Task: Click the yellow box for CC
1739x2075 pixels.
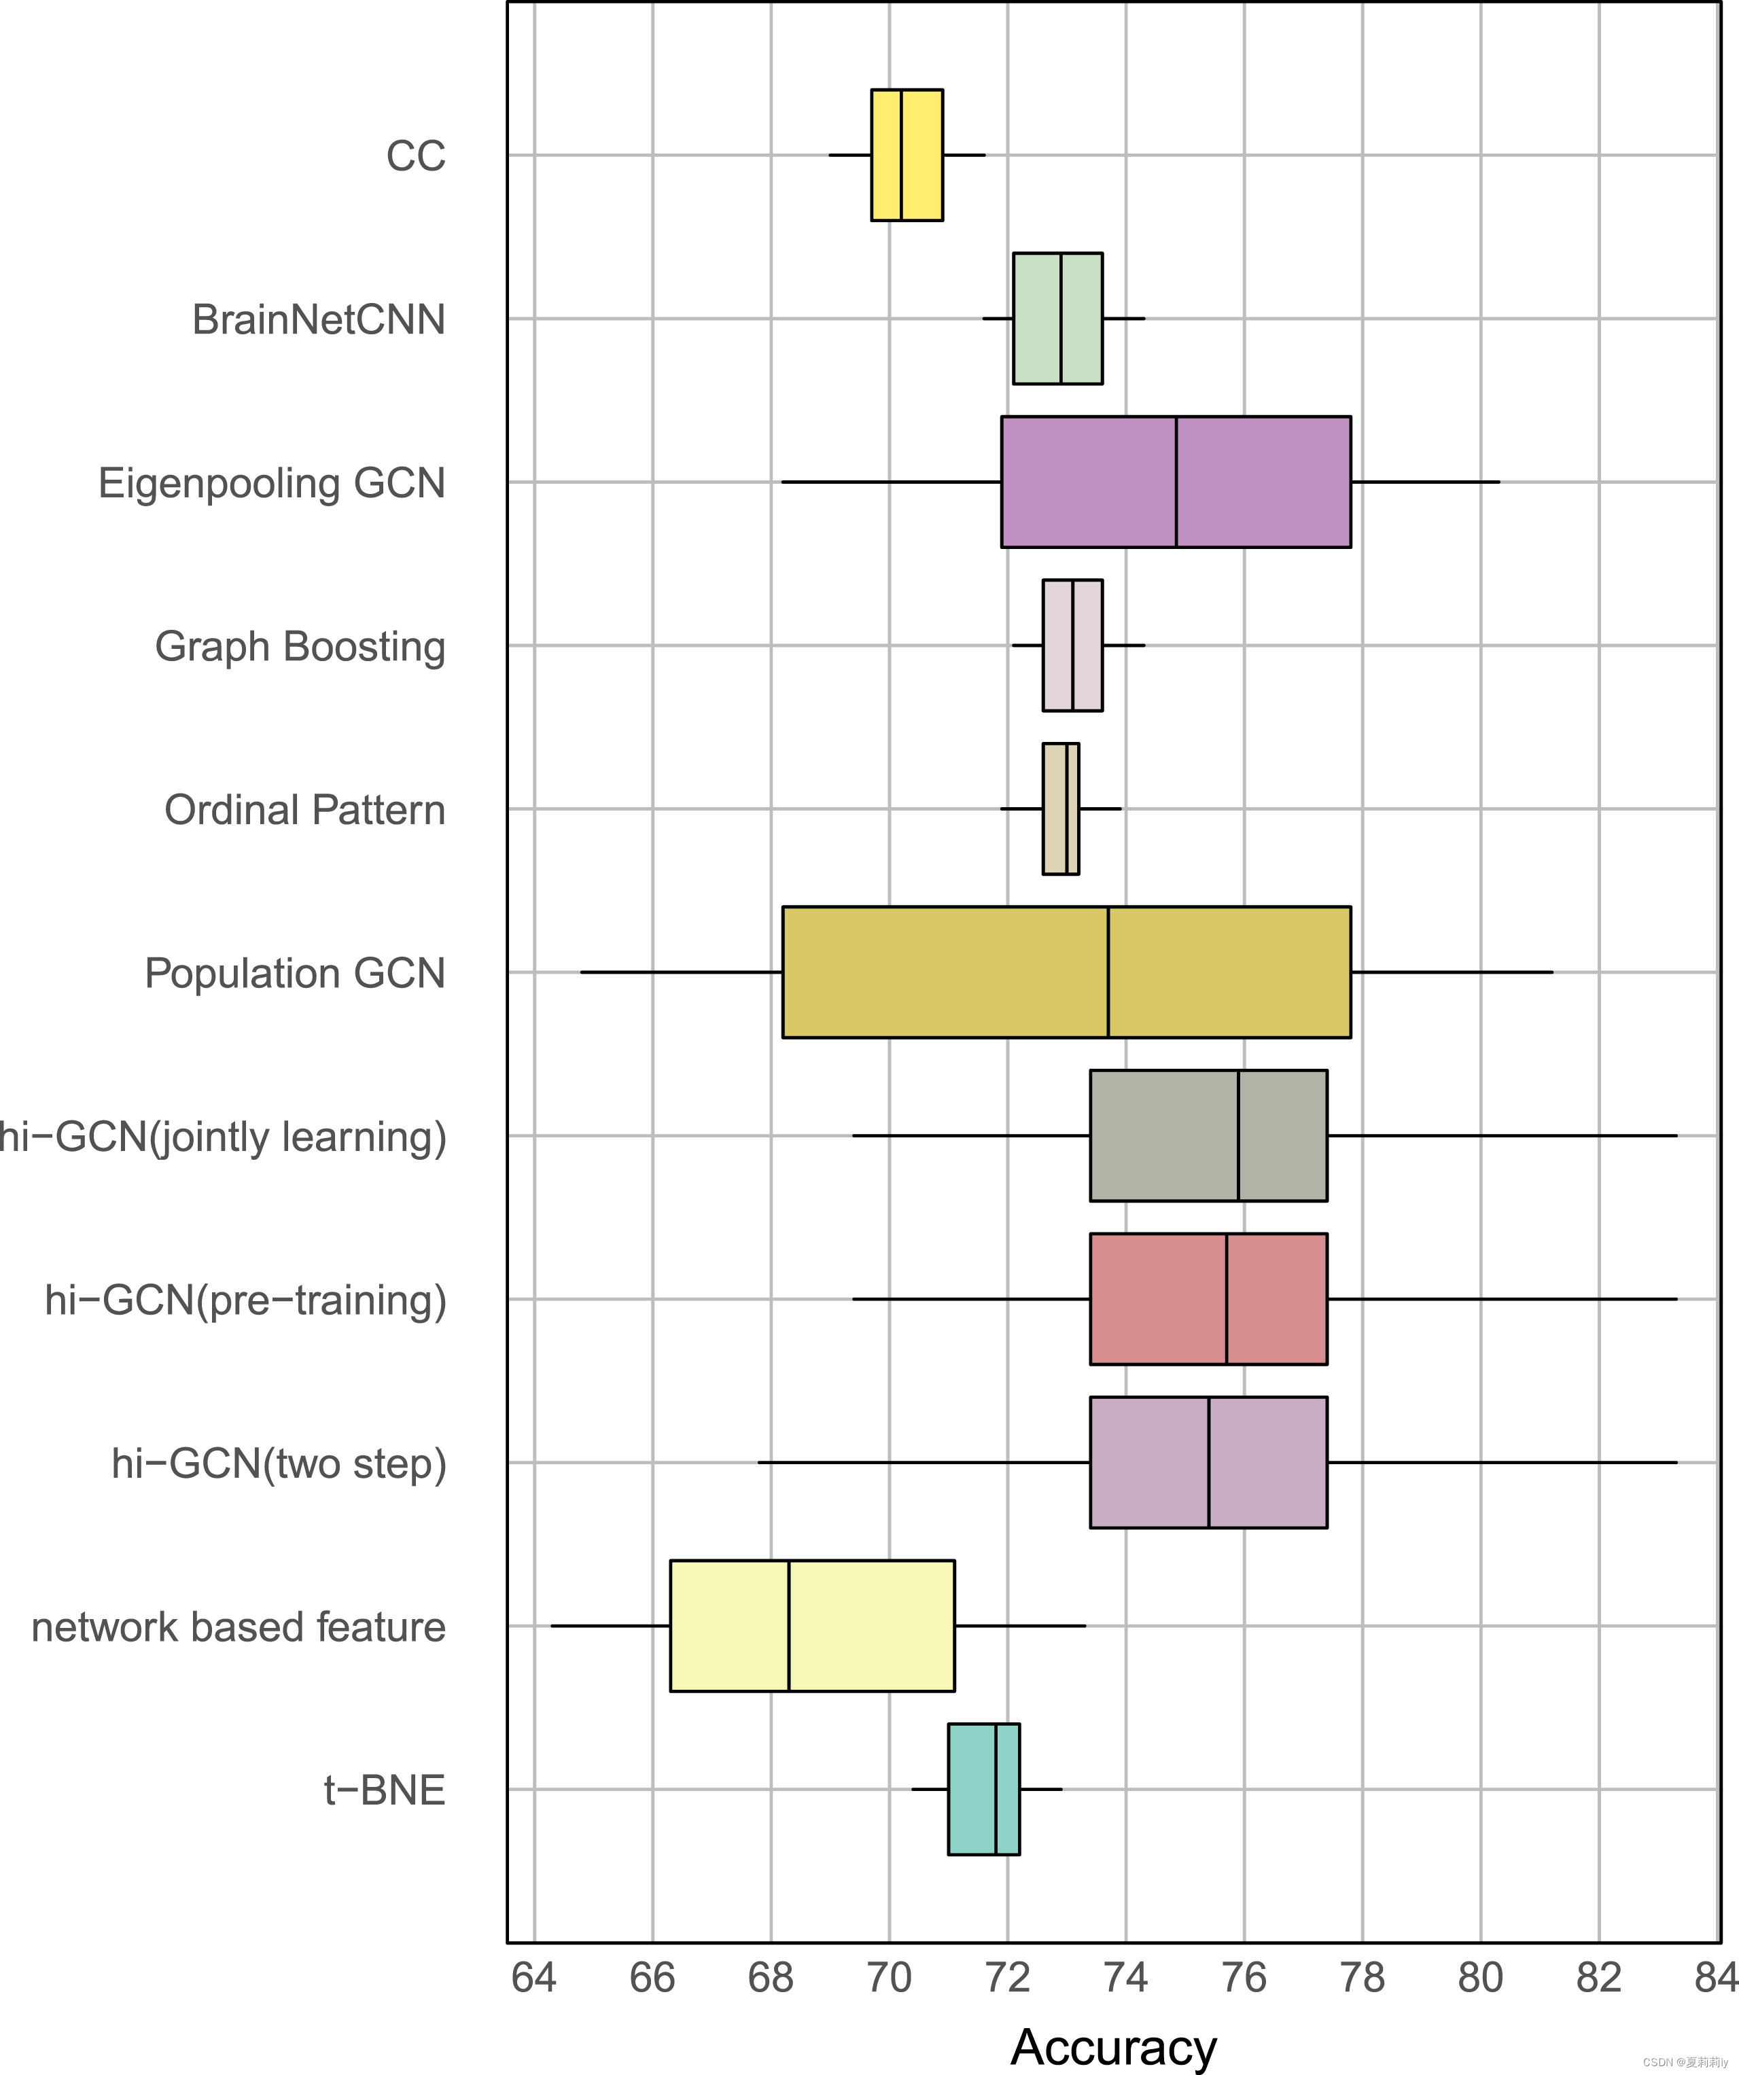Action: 906,155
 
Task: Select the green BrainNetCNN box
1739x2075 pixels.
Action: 1057,318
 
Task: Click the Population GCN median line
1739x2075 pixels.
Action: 1108,972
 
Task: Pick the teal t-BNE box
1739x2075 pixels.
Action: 983,1788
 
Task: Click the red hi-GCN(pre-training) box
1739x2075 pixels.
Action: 1208,1298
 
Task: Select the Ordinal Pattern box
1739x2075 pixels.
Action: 1060,809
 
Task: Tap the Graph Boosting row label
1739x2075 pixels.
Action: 300,646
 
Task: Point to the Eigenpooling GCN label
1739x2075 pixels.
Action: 272,483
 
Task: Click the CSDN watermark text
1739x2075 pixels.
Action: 1684,2062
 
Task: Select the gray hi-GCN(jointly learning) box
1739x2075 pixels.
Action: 1208,1135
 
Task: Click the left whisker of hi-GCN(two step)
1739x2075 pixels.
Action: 924,1461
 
